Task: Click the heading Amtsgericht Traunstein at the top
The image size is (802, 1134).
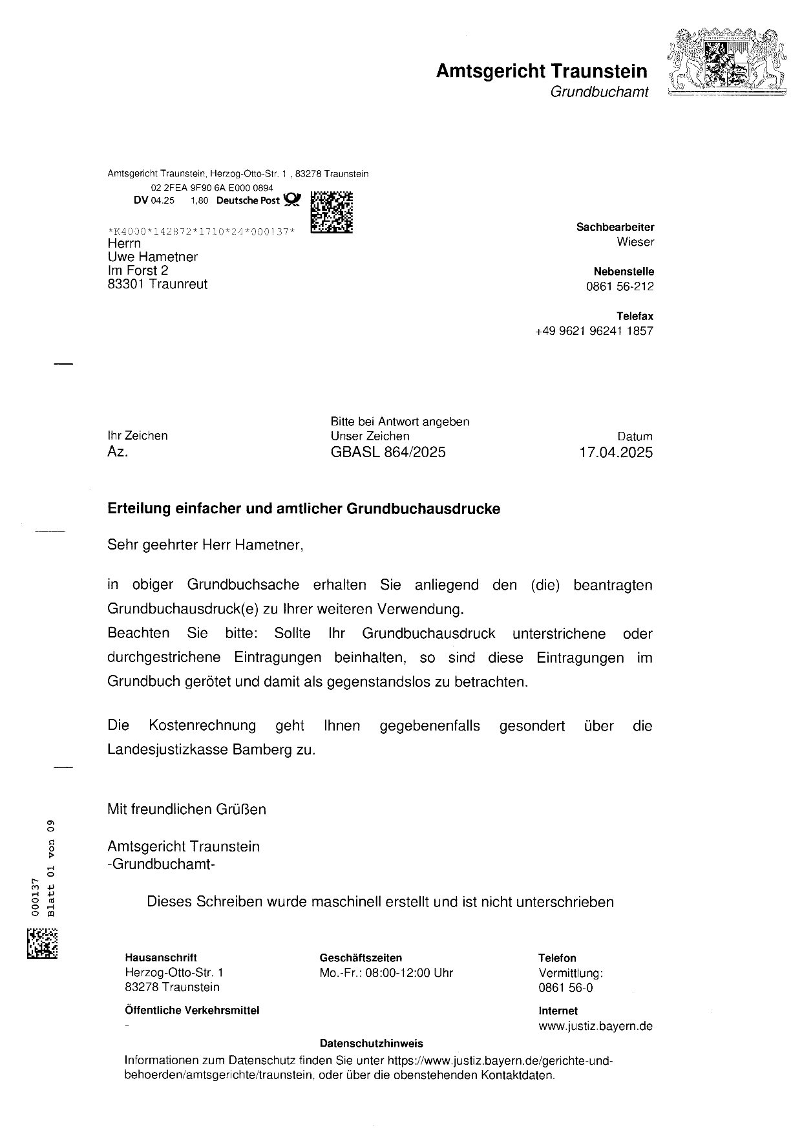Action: tap(542, 70)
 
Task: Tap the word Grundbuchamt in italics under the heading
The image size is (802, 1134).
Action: tap(598, 92)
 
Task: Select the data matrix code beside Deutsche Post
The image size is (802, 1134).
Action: tap(332, 212)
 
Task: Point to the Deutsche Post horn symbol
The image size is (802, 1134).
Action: tap(292, 200)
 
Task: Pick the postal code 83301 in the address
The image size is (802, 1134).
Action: tap(126, 284)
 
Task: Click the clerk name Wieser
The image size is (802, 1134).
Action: tap(635, 242)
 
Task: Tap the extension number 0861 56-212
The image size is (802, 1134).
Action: tap(620, 287)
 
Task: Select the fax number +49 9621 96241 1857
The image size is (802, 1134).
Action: tap(594, 331)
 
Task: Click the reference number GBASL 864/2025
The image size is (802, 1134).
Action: tap(388, 452)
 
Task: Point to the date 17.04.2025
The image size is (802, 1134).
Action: tap(616, 452)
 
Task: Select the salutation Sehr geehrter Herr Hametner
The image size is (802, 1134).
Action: tap(205, 545)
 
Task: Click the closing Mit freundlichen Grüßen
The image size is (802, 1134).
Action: tap(187, 809)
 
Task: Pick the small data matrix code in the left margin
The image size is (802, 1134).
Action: tap(42, 943)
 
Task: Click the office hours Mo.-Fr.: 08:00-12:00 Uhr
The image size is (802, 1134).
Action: tap(386, 973)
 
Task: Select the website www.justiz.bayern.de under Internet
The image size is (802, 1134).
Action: tap(595, 1026)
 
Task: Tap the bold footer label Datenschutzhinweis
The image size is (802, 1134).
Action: tap(371, 1043)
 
